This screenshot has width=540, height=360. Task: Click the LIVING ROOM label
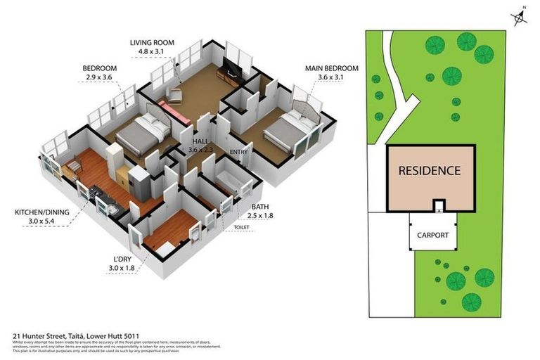tap(152, 42)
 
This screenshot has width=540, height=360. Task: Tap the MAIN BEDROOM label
tap(331, 68)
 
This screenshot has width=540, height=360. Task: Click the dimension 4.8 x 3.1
tap(152, 51)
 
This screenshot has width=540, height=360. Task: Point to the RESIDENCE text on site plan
tap(429, 170)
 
